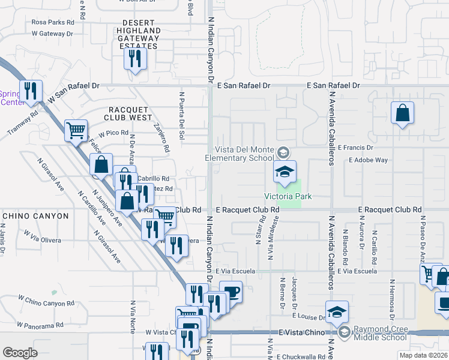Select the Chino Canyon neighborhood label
point(36,215)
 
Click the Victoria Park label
point(282,196)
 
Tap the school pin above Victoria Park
point(285,172)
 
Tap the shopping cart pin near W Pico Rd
point(76,130)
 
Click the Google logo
point(20,352)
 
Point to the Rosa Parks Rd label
point(52,22)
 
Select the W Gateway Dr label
point(52,34)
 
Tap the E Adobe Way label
point(369,160)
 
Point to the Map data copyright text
point(423,355)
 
